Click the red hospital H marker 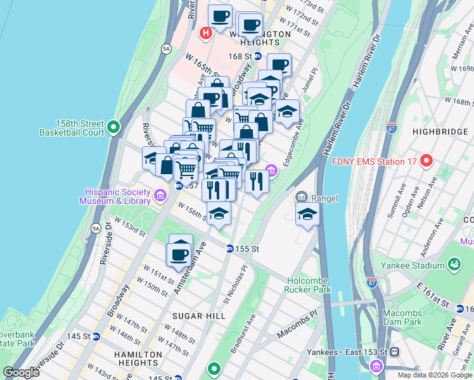coord(206,33)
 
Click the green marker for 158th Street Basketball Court coord(113,128)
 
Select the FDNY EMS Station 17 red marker coord(426,161)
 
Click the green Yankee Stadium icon coord(454,263)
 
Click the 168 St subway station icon coord(259,56)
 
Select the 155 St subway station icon coord(230,249)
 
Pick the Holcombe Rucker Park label coord(309,284)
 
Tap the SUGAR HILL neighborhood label coord(198,315)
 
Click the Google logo coord(22,372)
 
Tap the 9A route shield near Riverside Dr coord(96,228)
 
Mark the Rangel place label coord(324,198)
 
